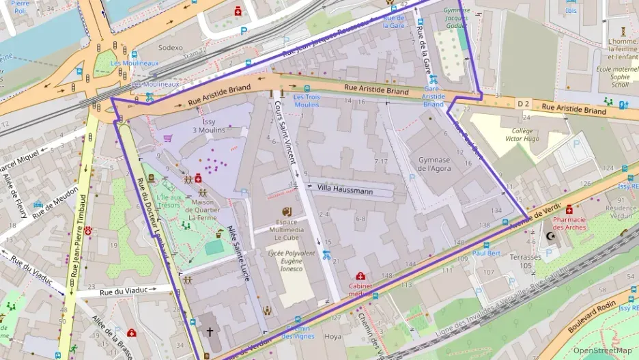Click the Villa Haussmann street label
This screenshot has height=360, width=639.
(x=344, y=191)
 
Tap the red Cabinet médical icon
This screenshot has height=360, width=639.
(x=360, y=276)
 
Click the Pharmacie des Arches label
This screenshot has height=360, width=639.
(x=569, y=223)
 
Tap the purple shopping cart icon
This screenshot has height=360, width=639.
(x=168, y=138)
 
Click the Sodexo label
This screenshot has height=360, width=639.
(x=170, y=48)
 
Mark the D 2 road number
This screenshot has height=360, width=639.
(x=523, y=103)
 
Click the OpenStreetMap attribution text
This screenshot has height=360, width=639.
(x=603, y=350)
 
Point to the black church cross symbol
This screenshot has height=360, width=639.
(x=210, y=331)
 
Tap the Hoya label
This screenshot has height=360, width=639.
(x=332, y=336)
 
